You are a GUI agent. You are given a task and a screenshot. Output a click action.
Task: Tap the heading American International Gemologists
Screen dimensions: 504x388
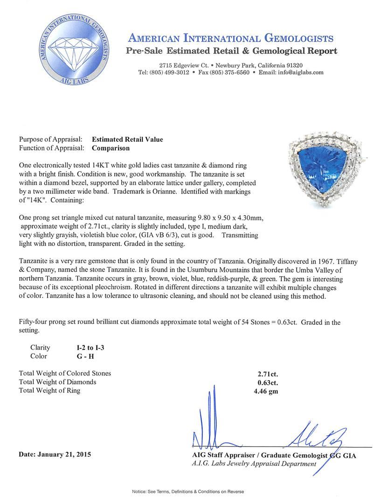pyautogui.click(x=230, y=38)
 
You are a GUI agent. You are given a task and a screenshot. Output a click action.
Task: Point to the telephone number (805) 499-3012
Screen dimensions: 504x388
pyautogui.click(x=172, y=72)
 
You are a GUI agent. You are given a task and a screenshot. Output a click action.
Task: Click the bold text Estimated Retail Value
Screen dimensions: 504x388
pyautogui.click(x=127, y=139)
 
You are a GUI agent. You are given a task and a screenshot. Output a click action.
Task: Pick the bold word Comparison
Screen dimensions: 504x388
pyautogui.click(x=111, y=148)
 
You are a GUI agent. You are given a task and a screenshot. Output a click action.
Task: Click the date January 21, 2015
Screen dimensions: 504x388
pyautogui.click(x=55, y=454)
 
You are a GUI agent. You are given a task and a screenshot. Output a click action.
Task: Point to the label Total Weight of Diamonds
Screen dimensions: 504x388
pyautogui.click(x=57, y=382)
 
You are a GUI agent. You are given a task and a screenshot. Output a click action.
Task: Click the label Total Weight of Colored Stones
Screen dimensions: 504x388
pyautogui.click(x=65, y=373)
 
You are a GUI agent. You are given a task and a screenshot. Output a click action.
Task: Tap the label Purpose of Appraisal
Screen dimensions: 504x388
pyautogui.click(x=50, y=139)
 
